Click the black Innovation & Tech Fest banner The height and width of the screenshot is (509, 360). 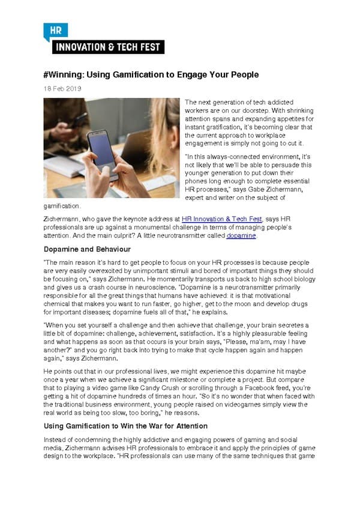(x=108, y=46)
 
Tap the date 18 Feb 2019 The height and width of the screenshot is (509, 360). (x=62, y=89)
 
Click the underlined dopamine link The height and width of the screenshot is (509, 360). (x=242, y=236)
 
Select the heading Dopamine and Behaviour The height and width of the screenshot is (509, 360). (x=86, y=249)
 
